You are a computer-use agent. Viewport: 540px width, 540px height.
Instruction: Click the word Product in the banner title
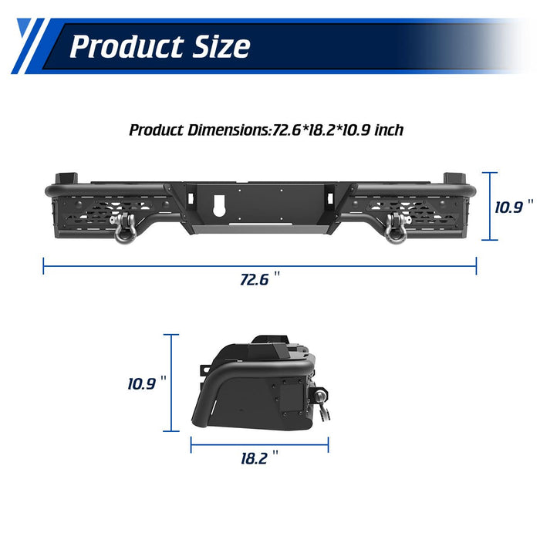(x=127, y=46)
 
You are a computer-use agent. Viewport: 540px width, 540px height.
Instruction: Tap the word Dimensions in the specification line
(x=228, y=130)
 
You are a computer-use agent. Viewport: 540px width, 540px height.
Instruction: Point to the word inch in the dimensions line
(x=389, y=130)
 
